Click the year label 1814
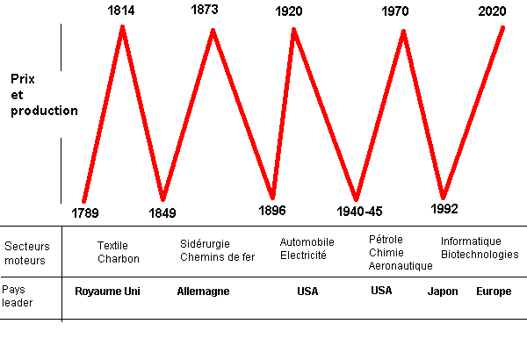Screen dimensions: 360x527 click(x=123, y=11)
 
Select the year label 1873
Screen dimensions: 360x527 click(x=204, y=11)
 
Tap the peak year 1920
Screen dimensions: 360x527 click(x=289, y=12)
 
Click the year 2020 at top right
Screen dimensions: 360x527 click(x=492, y=12)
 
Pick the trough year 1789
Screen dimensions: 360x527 click(x=85, y=212)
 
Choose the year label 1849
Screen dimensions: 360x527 click(x=162, y=212)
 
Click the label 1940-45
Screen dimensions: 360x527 click(x=360, y=212)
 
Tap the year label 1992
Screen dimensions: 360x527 click(x=444, y=209)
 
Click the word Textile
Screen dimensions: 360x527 click(x=112, y=246)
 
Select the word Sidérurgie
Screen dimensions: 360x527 click(x=206, y=243)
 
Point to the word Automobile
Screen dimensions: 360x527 click(x=307, y=241)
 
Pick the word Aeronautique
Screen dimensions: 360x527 click(x=401, y=265)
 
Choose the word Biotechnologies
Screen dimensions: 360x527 click(x=480, y=255)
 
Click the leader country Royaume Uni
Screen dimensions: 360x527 click(x=107, y=291)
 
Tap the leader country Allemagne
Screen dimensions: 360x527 click(x=203, y=291)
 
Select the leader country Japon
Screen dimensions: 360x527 click(x=442, y=291)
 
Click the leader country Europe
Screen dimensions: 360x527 click(x=493, y=291)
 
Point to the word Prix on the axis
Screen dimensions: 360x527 click(x=23, y=78)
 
